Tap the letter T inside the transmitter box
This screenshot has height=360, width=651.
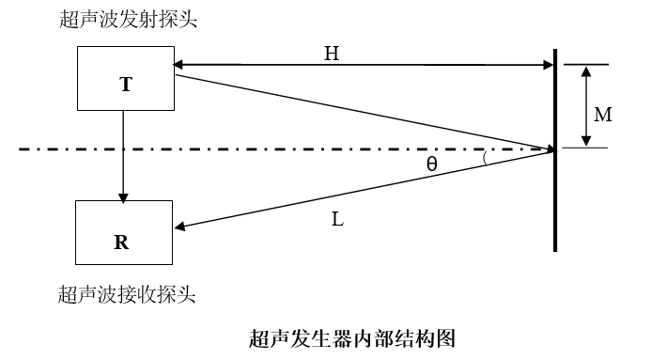click(126, 85)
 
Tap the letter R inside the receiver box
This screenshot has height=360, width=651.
click(121, 242)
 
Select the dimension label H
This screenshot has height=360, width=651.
click(332, 55)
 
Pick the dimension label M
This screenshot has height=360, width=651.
click(604, 115)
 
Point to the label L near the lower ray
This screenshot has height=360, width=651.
click(337, 221)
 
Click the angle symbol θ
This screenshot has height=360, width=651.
click(431, 163)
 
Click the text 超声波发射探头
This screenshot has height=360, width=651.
click(129, 20)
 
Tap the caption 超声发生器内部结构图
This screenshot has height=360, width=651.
click(352, 337)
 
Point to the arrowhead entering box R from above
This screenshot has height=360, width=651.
click(123, 196)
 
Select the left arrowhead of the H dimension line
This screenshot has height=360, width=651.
click(179, 65)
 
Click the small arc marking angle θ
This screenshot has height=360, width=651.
click(485, 159)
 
